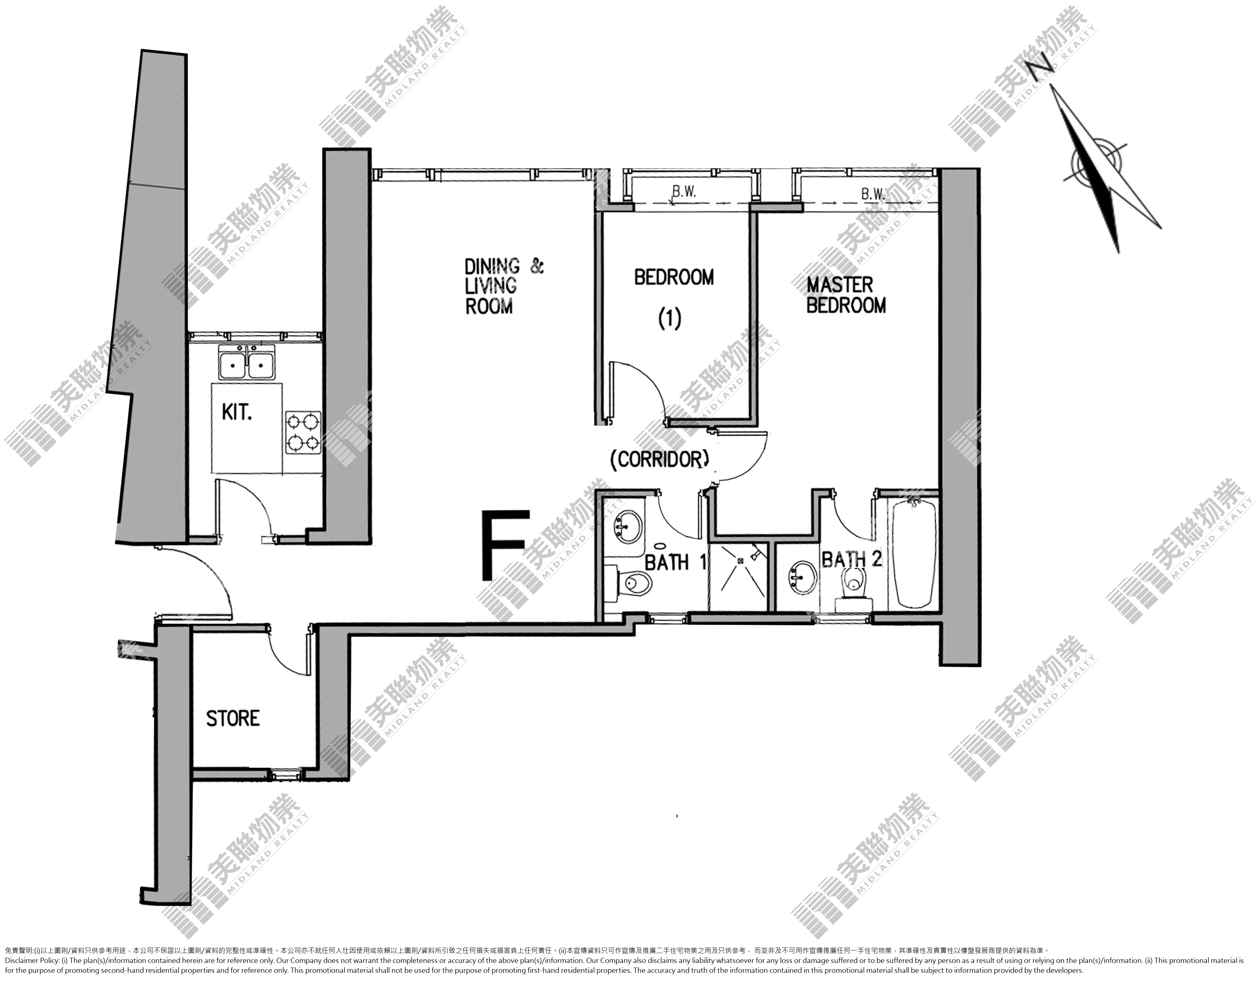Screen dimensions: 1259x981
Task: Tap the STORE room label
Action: point(233,718)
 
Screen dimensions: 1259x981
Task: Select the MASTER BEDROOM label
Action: point(846,295)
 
